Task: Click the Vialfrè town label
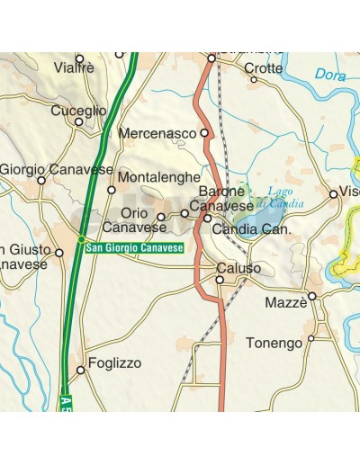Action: click(x=74, y=67)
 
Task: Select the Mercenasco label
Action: click(x=157, y=133)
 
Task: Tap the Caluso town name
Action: click(x=239, y=268)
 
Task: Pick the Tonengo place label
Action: click(x=274, y=343)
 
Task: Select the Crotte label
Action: click(x=263, y=67)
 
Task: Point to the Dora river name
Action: click(x=331, y=76)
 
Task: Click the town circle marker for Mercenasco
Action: click(x=204, y=133)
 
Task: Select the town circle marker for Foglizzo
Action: click(x=80, y=369)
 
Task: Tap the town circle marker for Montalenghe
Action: click(x=112, y=190)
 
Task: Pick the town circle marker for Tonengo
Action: click(x=311, y=338)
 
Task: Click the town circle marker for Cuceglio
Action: click(x=78, y=122)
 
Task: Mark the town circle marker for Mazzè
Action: click(x=312, y=295)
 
